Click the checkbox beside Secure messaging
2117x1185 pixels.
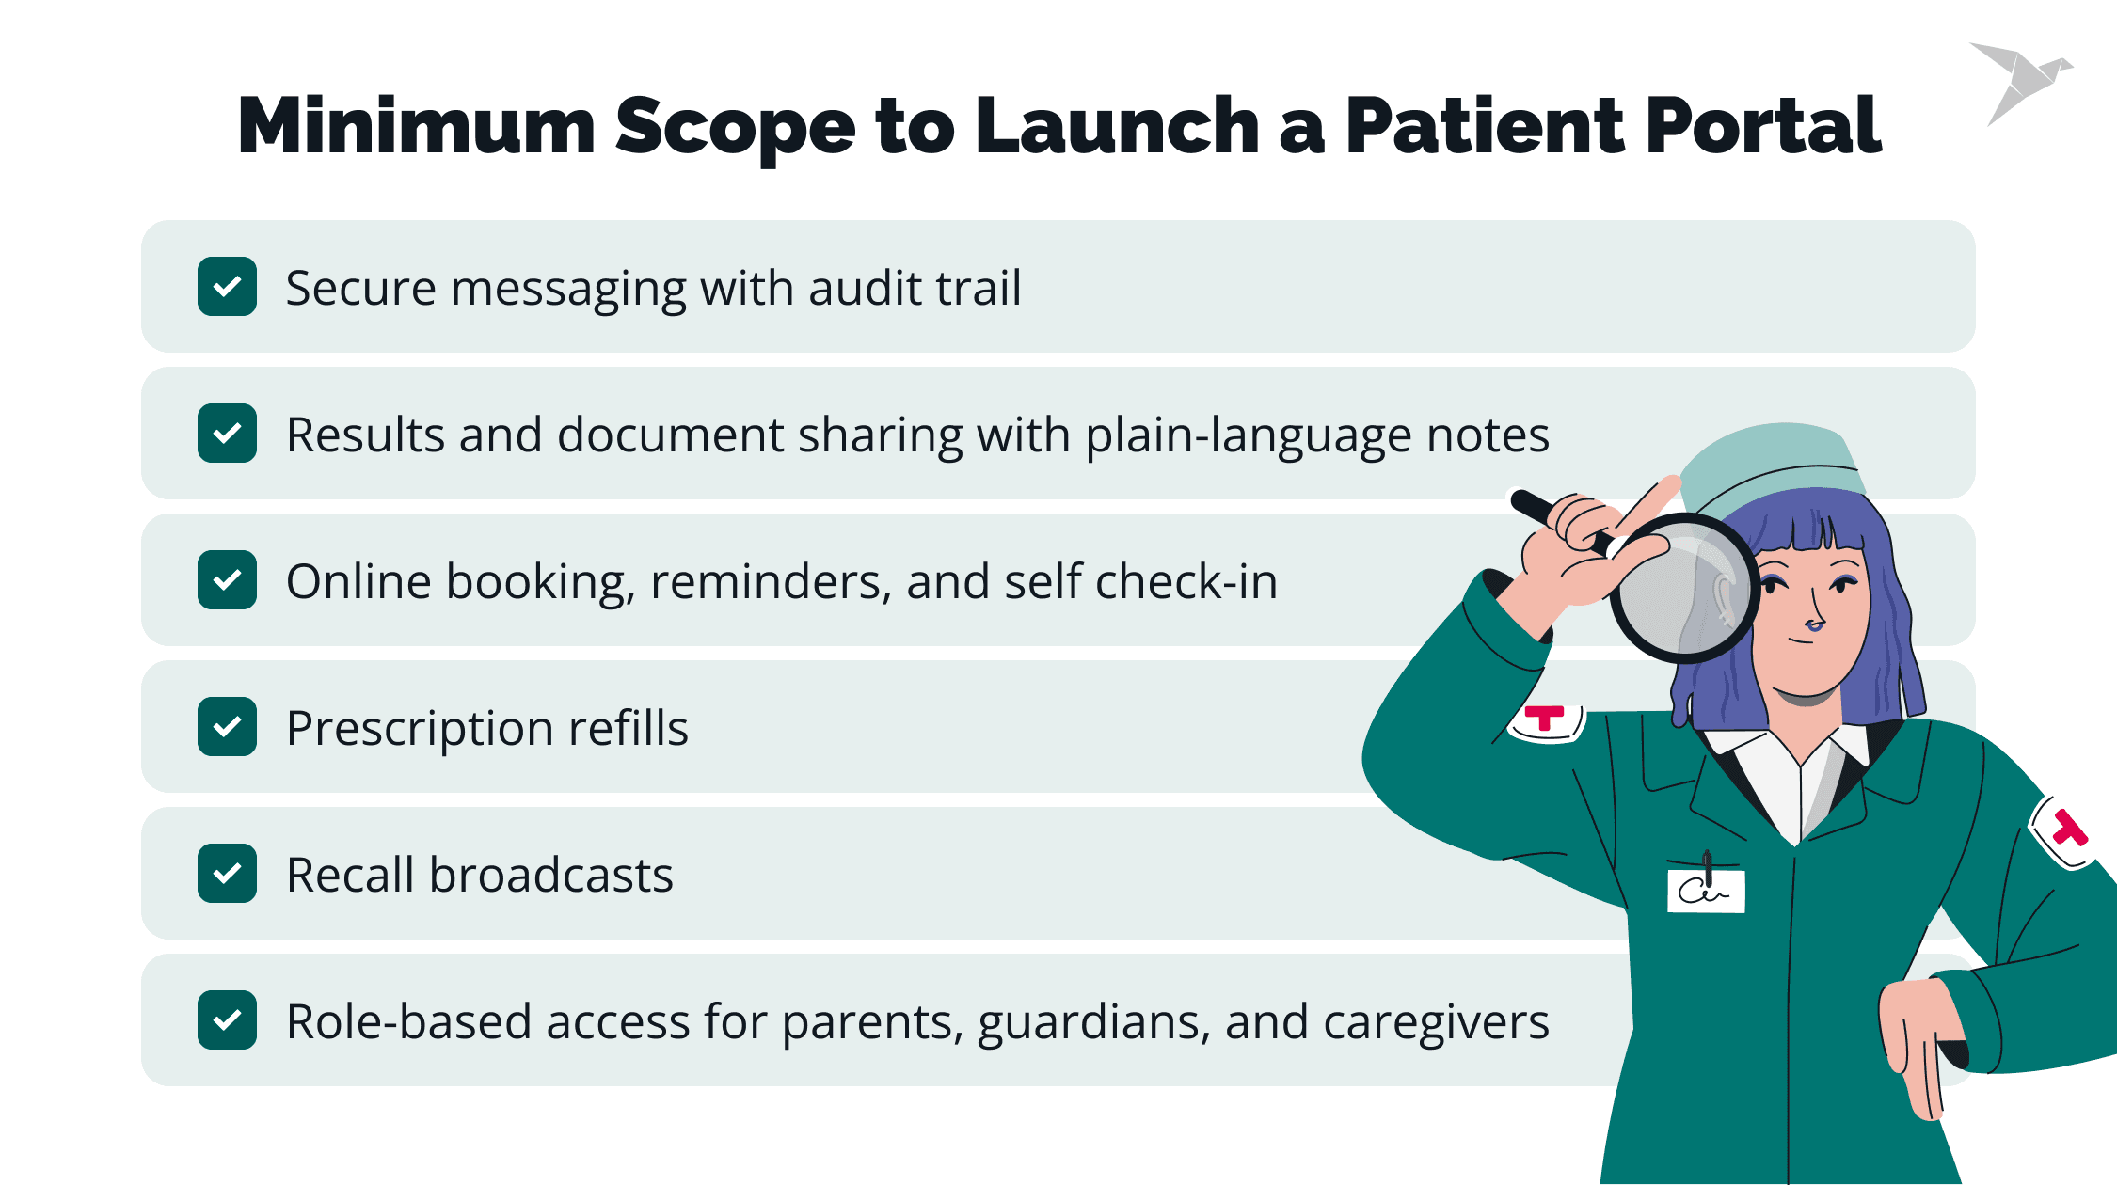coord(227,287)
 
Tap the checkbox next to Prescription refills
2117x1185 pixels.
coord(227,727)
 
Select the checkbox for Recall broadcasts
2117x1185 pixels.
coord(227,874)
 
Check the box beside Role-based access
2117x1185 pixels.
coord(227,1020)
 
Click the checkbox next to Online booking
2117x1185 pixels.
coord(227,580)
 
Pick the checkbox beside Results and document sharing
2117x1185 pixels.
coord(227,434)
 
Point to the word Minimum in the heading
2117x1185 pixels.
coord(416,127)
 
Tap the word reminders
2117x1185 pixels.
coord(771,582)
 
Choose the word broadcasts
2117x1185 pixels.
coord(551,876)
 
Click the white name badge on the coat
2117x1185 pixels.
coord(1706,891)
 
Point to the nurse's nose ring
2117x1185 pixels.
coord(1813,625)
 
